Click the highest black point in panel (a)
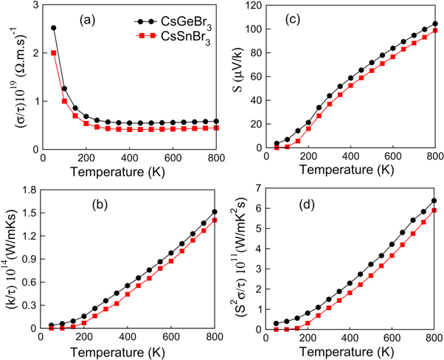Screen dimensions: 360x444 [53, 28]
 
